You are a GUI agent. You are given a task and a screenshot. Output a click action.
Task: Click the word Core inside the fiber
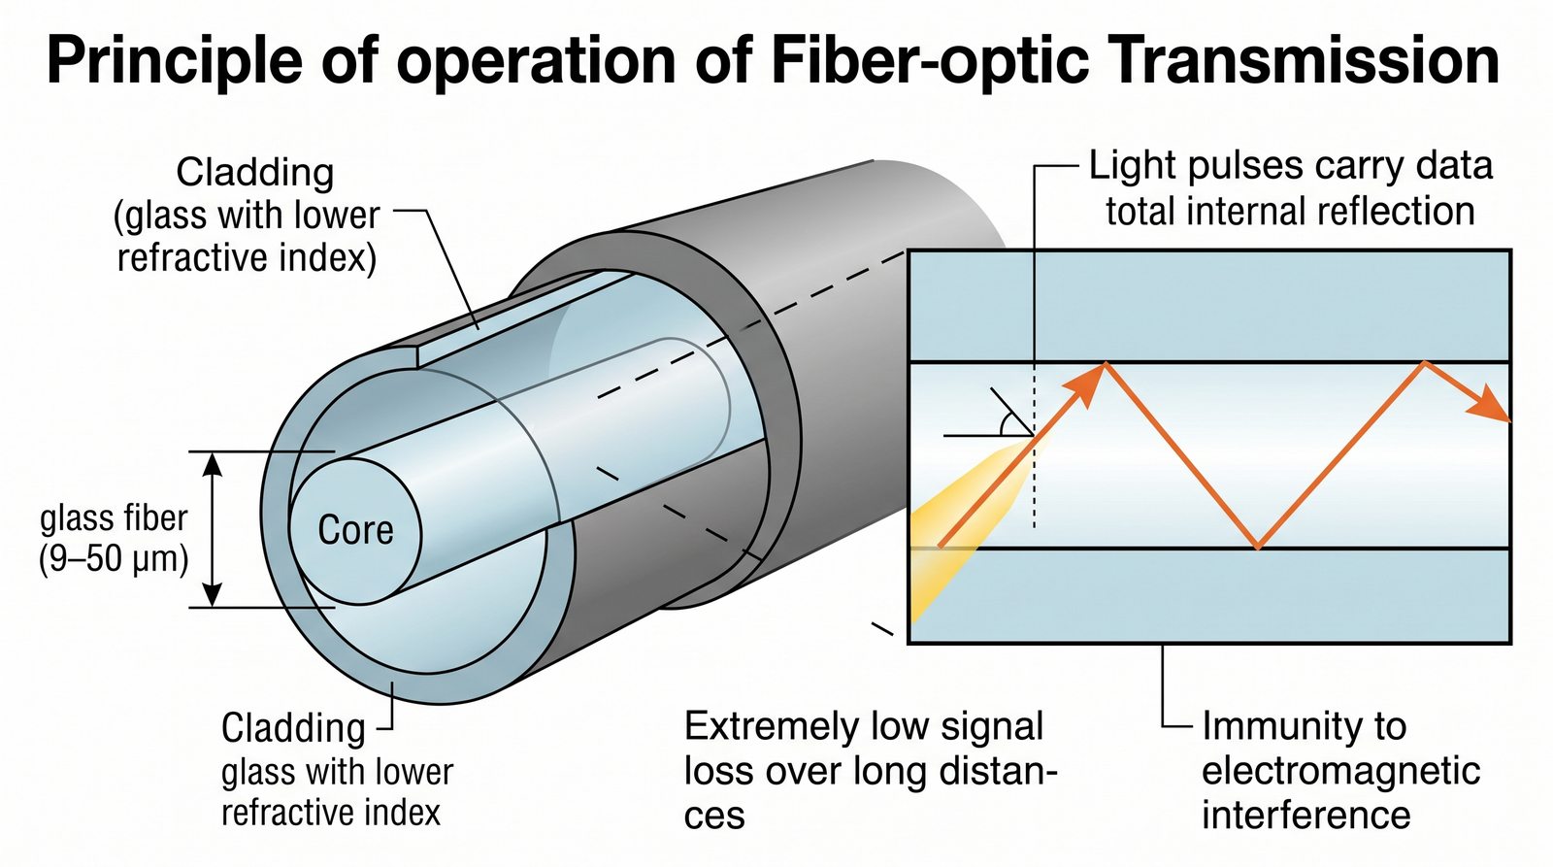[x=355, y=530]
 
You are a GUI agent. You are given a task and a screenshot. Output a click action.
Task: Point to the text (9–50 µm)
[x=114, y=560]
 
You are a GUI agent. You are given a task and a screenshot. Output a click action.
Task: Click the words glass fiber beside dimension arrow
[x=114, y=518]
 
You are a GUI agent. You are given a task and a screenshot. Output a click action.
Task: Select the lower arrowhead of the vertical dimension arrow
[x=214, y=594]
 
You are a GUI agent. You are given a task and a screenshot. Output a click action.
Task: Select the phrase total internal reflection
[x=1290, y=211]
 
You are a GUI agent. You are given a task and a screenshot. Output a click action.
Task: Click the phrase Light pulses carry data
[x=1290, y=166]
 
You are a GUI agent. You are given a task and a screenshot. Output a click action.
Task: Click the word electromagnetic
[x=1340, y=771]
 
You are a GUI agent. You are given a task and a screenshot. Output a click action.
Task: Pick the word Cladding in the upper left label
[x=255, y=173]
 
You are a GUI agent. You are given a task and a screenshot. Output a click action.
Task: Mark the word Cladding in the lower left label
[x=293, y=728]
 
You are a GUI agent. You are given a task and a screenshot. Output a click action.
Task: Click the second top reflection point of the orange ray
[x=1424, y=363]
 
